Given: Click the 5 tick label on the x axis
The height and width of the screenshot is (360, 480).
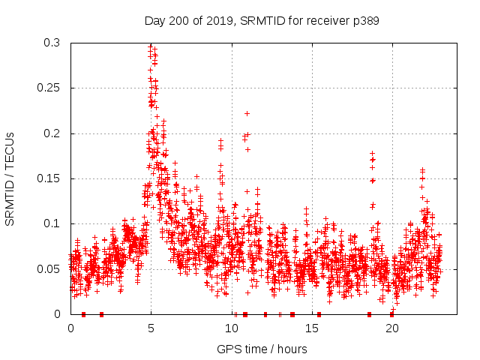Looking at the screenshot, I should [151, 328].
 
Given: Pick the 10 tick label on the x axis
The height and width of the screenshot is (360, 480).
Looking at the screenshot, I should [231, 328].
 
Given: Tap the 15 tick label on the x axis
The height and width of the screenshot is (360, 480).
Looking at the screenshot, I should [311, 328].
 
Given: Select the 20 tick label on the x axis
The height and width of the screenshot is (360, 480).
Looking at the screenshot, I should [391, 328].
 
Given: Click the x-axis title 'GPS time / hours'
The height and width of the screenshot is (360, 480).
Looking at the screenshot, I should [262, 349].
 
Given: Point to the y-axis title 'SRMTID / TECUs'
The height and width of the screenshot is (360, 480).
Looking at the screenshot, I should [10, 178].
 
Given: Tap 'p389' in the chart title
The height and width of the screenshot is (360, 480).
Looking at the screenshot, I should [364, 20].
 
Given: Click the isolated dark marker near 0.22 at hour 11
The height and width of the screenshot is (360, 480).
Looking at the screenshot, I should [247, 113].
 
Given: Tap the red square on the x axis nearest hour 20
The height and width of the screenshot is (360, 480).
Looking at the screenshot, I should [391, 314].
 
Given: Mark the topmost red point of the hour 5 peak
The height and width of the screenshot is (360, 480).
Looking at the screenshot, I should [150, 46].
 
